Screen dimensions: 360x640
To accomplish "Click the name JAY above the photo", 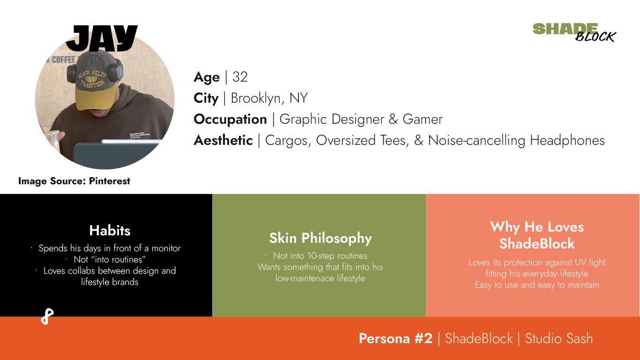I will point(102,38).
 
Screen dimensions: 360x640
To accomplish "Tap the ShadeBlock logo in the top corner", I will point(574,32).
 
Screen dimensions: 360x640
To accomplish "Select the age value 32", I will point(240,77).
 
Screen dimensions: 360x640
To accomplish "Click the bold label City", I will point(206,98).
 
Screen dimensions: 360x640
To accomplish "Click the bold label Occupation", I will point(230,119).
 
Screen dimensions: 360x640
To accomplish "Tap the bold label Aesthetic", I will point(223,140).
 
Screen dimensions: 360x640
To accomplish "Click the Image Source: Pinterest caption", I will point(74,181).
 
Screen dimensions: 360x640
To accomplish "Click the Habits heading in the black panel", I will point(110,231).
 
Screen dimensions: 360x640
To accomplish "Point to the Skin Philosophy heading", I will point(320,238).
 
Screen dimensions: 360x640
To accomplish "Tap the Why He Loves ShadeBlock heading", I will point(537,235).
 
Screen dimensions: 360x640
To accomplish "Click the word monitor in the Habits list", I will point(164,248).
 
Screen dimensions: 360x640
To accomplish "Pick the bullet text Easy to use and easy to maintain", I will point(536,285).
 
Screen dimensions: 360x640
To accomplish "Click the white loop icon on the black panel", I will point(47,317).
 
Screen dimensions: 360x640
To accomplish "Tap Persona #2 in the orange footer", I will point(395,338).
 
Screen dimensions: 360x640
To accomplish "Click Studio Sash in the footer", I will point(558,338).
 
